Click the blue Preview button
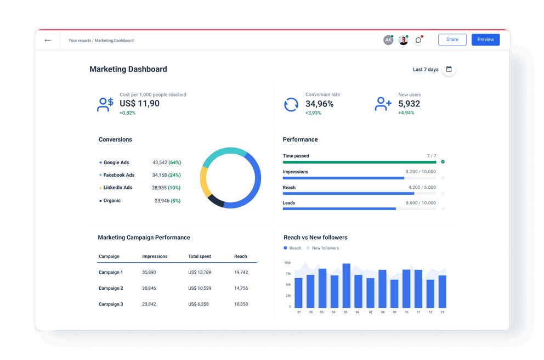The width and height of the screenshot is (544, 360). [485, 40]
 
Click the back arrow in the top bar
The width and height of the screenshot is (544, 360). [48, 40]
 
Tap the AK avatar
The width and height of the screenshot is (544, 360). [388, 40]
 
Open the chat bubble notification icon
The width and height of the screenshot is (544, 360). [418, 40]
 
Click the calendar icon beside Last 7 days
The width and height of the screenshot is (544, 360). [449, 69]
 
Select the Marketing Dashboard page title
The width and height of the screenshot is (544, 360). [128, 69]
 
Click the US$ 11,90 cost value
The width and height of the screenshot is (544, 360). [139, 104]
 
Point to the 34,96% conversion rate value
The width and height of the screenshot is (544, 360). [319, 104]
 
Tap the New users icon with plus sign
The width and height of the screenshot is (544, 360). [383, 104]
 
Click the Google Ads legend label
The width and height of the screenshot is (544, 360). [116, 162]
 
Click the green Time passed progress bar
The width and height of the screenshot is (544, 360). [359, 162]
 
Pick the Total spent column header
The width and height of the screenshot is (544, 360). [200, 256]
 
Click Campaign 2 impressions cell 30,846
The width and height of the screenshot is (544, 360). [149, 288]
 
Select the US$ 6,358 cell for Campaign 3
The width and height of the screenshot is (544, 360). [199, 304]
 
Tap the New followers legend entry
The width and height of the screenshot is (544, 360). [325, 248]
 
